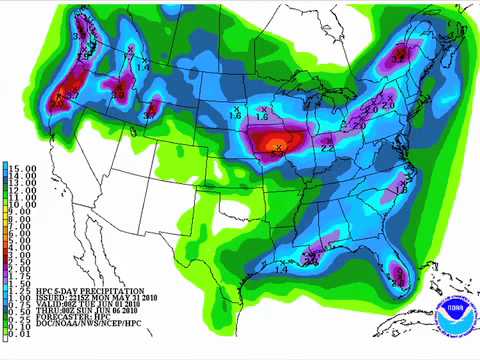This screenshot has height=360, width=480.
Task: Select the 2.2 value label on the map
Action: coord(327,148)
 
